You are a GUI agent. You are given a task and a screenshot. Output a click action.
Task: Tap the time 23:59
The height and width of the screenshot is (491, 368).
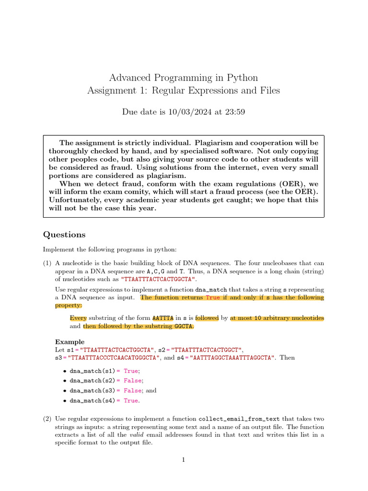tap(233, 112)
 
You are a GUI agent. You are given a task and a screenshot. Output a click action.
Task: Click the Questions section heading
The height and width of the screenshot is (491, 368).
tap(64, 234)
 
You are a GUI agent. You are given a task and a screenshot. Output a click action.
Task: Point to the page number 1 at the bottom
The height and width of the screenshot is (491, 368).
tap(183, 460)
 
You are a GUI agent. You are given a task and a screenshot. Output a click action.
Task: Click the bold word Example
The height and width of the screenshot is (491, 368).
tap(70, 342)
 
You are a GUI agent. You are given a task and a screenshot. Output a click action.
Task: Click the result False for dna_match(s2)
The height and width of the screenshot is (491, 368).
tap(133, 380)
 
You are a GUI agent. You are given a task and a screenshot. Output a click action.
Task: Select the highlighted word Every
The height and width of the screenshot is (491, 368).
tap(78, 318)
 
